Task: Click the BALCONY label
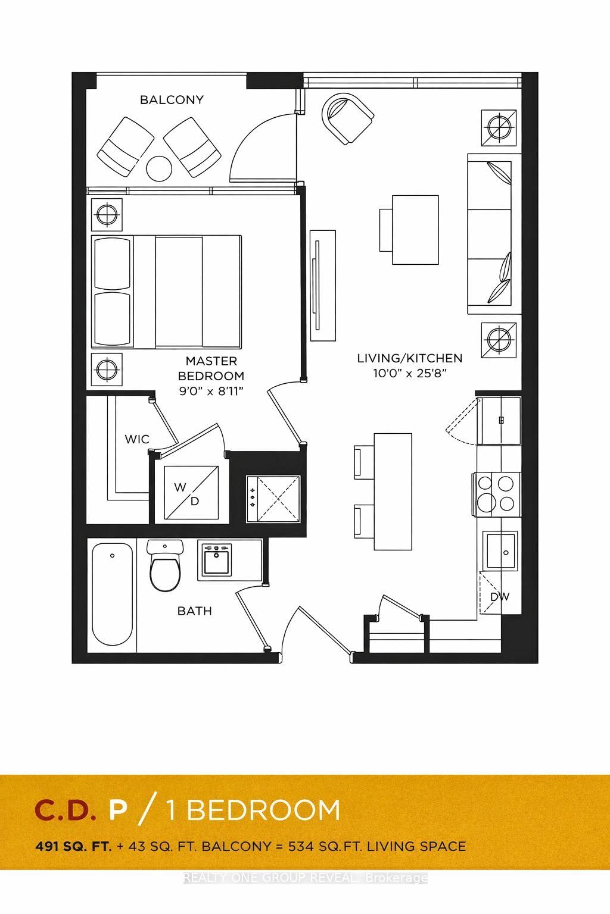(x=172, y=100)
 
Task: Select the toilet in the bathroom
(x=165, y=569)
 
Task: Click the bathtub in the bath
(x=113, y=596)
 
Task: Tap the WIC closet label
(x=137, y=439)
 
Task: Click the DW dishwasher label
(x=500, y=596)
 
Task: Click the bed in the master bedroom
(x=167, y=292)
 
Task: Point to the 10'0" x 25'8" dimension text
(x=409, y=373)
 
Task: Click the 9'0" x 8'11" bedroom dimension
(x=211, y=391)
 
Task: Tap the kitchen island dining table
(x=393, y=492)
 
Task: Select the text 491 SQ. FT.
(x=73, y=846)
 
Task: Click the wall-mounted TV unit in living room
(x=322, y=285)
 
